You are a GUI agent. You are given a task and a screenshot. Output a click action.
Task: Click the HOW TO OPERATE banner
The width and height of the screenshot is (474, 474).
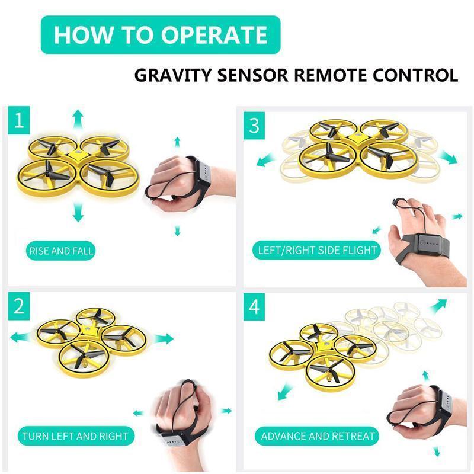pos(160,34)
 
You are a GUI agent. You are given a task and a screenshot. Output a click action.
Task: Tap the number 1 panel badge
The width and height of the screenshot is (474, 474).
pos(20,122)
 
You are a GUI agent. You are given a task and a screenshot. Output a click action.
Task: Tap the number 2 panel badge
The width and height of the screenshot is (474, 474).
pos(20,306)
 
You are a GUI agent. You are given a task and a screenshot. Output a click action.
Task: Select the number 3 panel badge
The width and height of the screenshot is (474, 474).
pos(254,125)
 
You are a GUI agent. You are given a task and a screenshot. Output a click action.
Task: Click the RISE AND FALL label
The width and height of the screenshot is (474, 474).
pos(61,251)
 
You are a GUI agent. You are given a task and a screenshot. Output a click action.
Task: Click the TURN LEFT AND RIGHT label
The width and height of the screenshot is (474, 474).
pos(75,437)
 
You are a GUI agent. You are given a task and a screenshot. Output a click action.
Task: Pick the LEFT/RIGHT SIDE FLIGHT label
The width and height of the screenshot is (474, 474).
pos(318,250)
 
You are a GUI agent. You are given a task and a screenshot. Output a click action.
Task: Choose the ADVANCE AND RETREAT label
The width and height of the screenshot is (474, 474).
pos(318,437)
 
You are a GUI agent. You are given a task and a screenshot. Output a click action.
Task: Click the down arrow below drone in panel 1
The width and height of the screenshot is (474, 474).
pos(77,212)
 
